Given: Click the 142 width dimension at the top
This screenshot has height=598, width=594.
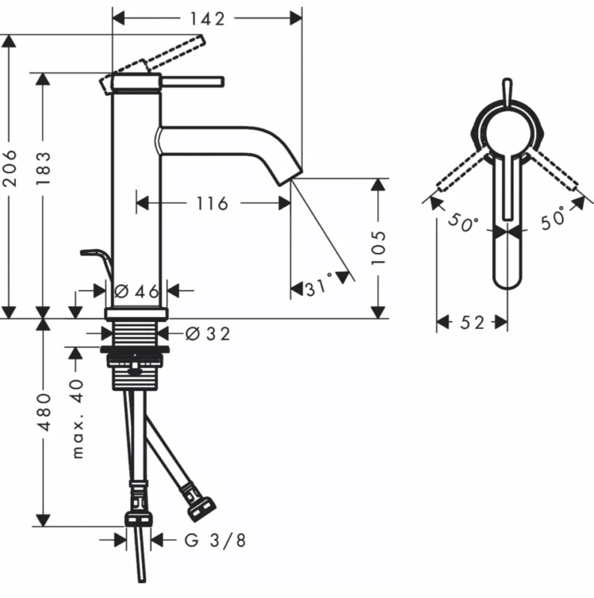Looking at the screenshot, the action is tap(207, 18).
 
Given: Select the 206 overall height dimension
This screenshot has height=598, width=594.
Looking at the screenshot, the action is tap(10, 168).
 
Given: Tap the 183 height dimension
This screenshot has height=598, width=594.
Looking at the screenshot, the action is tap(43, 168).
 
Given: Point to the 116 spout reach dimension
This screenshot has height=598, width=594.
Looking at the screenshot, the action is tap(212, 203).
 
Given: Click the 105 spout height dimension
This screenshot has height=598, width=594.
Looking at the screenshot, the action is tap(378, 247).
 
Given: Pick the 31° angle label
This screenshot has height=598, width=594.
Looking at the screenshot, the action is tap(320, 285).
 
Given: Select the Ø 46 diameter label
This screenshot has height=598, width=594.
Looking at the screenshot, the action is tap(137, 292).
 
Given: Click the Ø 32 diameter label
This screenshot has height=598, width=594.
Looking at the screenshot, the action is tap(207, 334).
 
